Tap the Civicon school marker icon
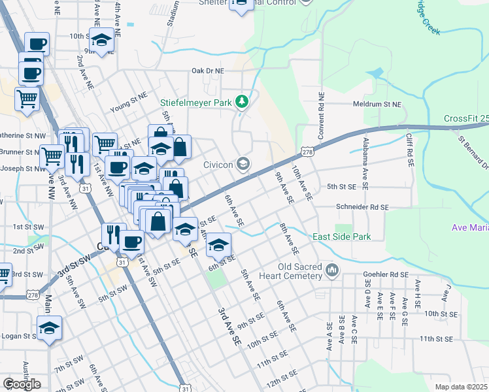click(243, 163)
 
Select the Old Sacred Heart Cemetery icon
click(332, 269)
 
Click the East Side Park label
click(341, 237)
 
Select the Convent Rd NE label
click(322, 118)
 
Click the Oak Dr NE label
click(207, 70)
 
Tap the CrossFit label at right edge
click(465, 118)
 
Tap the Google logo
click(22, 384)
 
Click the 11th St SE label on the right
click(437, 338)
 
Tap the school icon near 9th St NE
click(101, 41)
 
